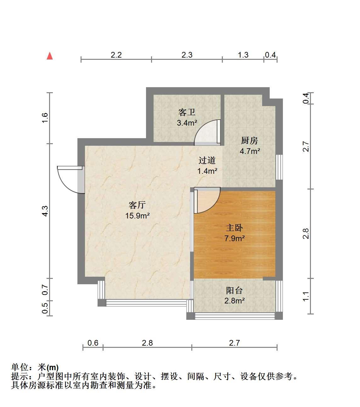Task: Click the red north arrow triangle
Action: pyautogui.click(x=50, y=56)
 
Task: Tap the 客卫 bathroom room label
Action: pyautogui.click(x=187, y=112)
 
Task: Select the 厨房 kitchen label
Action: pyautogui.click(x=249, y=141)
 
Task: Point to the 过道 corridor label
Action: pyautogui.click(x=207, y=160)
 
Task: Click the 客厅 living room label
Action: pyautogui.click(x=137, y=205)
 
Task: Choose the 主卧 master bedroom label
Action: pyautogui.click(x=234, y=228)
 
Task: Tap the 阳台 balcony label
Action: pyautogui.click(x=234, y=291)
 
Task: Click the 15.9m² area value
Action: pyautogui.click(x=138, y=216)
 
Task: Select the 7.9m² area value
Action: pyautogui.click(x=234, y=239)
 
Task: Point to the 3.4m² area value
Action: pyautogui.click(x=187, y=123)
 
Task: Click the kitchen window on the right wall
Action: pyautogui.click(x=279, y=167)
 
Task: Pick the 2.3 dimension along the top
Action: pyautogui.click(x=187, y=55)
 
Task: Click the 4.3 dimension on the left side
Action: pyautogui.click(x=45, y=211)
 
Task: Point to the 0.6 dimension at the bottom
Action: pyautogui.click(x=93, y=343)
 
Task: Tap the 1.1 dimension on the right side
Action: pyautogui.click(x=306, y=296)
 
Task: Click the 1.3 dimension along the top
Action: pyautogui.click(x=243, y=55)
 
